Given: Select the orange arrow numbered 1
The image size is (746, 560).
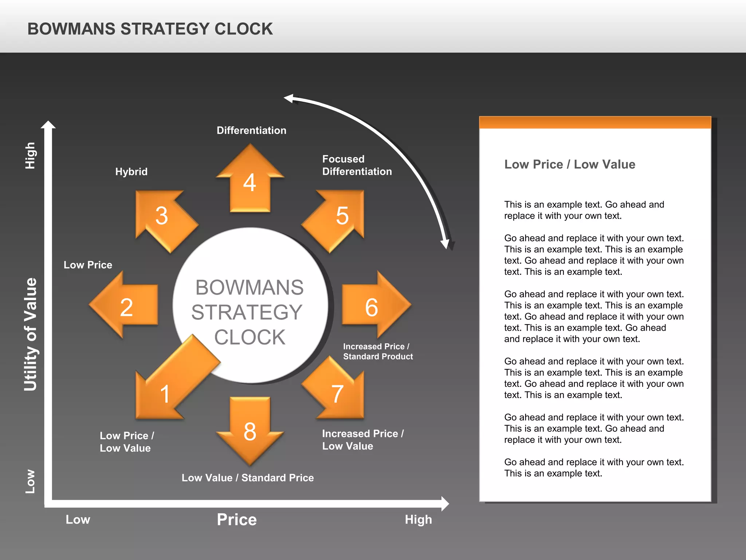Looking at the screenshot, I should [x=171, y=386].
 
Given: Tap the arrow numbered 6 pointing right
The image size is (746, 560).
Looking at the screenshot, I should [x=373, y=306].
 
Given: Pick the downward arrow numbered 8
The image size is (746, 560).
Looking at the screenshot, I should [x=250, y=430].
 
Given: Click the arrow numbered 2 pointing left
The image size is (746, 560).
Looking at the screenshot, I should [x=126, y=306].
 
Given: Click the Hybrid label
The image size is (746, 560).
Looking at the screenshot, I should [x=131, y=172].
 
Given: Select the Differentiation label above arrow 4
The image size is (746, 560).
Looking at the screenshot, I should [x=251, y=131].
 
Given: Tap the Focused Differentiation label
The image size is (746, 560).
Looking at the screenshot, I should [x=357, y=165].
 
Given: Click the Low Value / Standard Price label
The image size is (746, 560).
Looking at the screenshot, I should [x=248, y=478].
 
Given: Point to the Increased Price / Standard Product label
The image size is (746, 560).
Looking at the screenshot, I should [x=378, y=351].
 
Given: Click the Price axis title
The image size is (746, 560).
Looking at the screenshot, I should [x=237, y=520].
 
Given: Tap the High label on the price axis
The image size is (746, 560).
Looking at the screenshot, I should [x=418, y=520].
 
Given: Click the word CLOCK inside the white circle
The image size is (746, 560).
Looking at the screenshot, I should [x=250, y=337].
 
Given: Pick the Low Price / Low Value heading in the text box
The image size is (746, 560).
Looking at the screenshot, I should [x=569, y=164].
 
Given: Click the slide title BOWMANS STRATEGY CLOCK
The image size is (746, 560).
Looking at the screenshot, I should [x=150, y=29].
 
